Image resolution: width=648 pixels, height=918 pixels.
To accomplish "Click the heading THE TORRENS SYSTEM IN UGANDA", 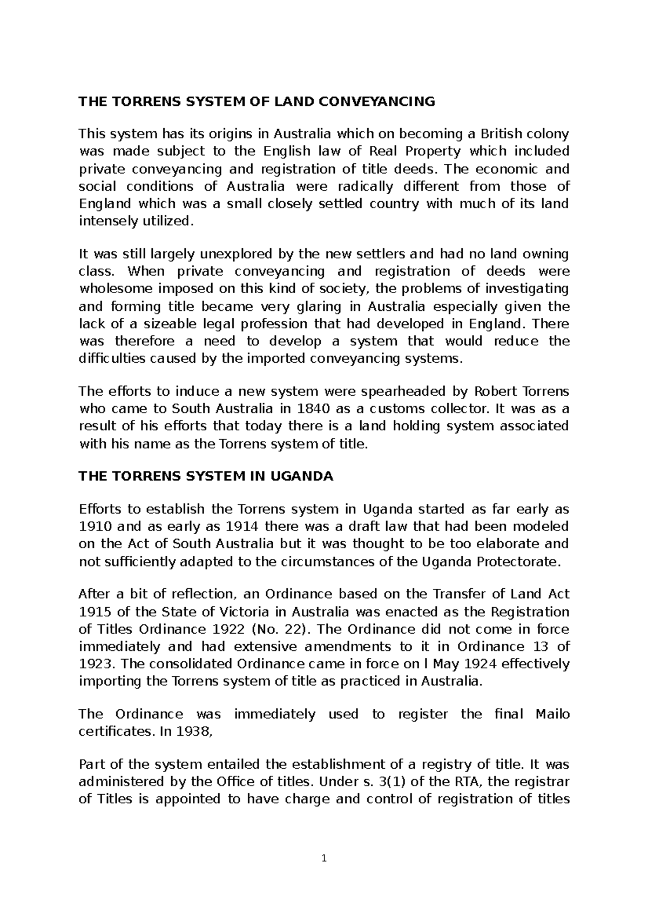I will [206, 476].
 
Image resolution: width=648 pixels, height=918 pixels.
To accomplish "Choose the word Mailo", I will [552, 714].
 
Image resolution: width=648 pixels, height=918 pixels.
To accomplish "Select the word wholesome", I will [114, 289].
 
